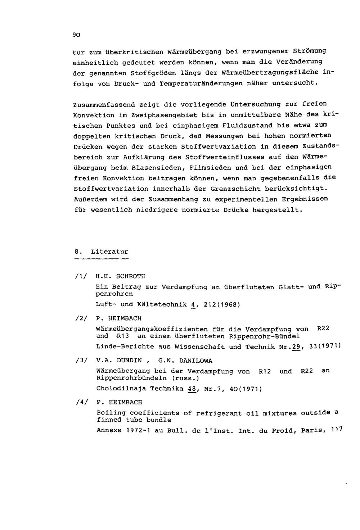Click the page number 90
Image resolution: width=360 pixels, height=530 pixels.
76,35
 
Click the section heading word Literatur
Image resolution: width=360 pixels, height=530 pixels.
109,252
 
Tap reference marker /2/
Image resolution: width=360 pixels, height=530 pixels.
80,318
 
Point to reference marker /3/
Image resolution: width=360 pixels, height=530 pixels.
80,361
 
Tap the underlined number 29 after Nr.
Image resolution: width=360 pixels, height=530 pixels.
296,346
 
